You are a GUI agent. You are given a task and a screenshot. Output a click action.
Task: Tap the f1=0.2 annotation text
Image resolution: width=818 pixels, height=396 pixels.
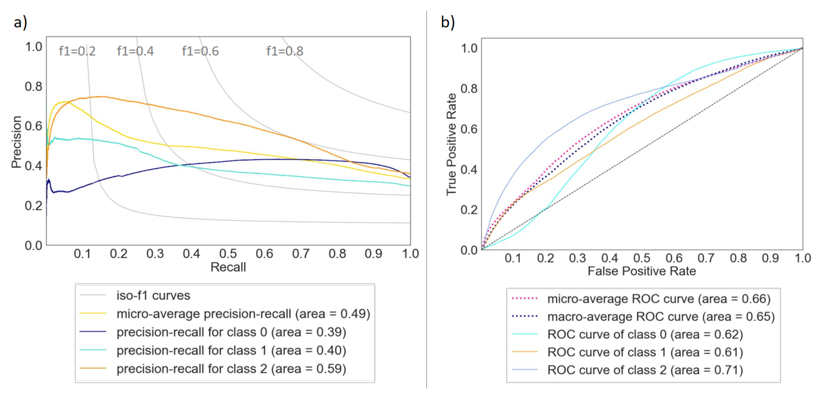click(77, 51)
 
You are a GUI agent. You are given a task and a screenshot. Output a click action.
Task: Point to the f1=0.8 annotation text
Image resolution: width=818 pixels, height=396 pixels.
click(285, 51)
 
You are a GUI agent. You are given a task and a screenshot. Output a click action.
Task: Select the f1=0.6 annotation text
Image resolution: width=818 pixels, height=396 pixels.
click(200, 51)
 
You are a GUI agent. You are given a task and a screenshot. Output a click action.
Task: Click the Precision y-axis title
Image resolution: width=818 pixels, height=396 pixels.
click(17, 142)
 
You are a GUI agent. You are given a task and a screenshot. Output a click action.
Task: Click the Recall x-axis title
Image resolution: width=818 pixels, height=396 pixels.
click(228, 267)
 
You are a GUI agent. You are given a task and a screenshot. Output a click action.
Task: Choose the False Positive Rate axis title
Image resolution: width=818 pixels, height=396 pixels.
click(641, 271)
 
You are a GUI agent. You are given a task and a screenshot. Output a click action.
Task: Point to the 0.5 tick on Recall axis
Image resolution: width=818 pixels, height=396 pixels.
click(228, 254)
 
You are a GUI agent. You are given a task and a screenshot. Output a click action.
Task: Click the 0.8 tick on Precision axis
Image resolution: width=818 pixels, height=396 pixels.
click(33, 86)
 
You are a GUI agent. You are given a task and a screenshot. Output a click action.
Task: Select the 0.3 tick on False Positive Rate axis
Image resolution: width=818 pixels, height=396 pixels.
click(577, 258)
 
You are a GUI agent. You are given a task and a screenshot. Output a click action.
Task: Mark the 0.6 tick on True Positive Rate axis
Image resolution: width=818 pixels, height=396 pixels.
click(469, 129)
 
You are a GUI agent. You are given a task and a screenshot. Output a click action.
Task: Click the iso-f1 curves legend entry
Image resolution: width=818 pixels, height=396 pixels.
click(153, 295)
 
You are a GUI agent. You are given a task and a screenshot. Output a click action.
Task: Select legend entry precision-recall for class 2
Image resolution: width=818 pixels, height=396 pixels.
click(231, 369)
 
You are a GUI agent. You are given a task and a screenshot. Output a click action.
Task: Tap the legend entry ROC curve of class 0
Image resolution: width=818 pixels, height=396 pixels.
click(645, 334)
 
